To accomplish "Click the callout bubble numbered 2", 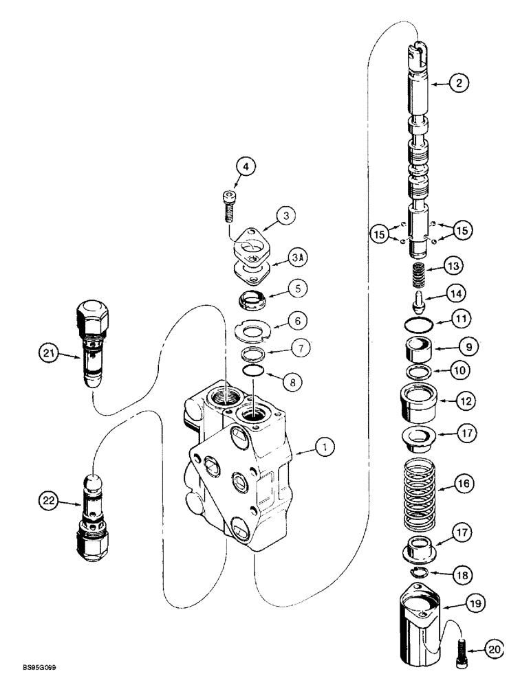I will [459, 83].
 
